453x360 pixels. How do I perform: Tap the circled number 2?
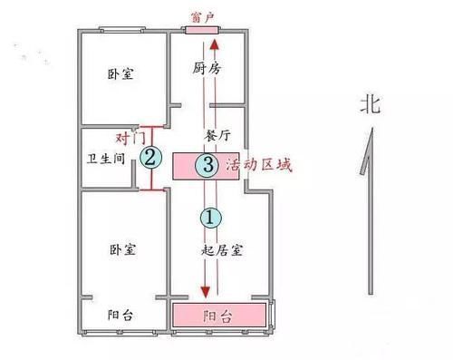(x=151, y=158)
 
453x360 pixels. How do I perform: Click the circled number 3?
(x=208, y=164)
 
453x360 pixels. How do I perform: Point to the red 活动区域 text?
(x=271, y=165)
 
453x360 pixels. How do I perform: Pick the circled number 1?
(x=209, y=217)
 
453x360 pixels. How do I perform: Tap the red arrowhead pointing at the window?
(x=215, y=43)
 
